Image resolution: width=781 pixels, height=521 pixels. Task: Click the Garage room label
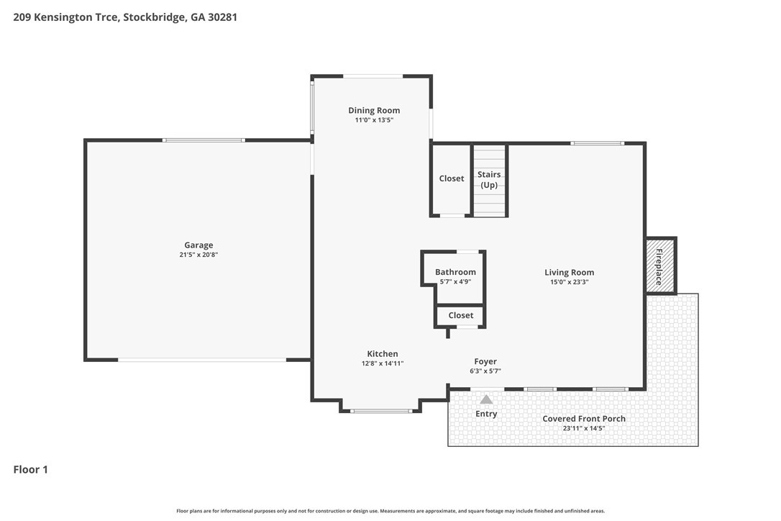(x=198, y=245)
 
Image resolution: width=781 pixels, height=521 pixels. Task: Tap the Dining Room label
(x=374, y=110)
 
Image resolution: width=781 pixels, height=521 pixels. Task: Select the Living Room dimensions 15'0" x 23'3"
(x=569, y=281)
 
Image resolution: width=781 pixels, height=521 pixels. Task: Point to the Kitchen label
(x=383, y=353)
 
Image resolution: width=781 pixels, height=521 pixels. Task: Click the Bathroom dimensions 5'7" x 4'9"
(x=455, y=281)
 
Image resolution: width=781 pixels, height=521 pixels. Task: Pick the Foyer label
(x=485, y=361)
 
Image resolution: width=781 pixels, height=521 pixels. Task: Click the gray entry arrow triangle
(x=486, y=399)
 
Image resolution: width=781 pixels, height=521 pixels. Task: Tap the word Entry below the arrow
(x=486, y=414)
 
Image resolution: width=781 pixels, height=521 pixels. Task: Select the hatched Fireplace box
(x=661, y=266)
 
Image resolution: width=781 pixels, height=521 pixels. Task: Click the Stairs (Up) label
(x=489, y=179)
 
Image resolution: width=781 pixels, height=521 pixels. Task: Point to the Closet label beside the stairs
(x=451, y=178)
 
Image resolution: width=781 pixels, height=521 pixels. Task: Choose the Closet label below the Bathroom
(x=461, y=315)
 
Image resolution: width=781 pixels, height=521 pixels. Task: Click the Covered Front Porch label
(x=584, y=418)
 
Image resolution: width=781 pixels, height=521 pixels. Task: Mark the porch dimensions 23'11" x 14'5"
(x=584, y=427)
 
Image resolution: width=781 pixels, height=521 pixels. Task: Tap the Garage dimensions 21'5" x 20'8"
(x=198, y=254)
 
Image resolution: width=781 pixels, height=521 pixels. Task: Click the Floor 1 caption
(x=30, y=469)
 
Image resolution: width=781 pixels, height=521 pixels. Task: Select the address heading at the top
(x=125, y=17)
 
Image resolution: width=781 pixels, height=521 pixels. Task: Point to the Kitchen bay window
(x=381, y=411)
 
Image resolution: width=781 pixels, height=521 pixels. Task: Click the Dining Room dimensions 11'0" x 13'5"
(x=374, y=119)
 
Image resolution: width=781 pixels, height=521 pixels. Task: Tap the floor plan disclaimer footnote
(x=390, y=510)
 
